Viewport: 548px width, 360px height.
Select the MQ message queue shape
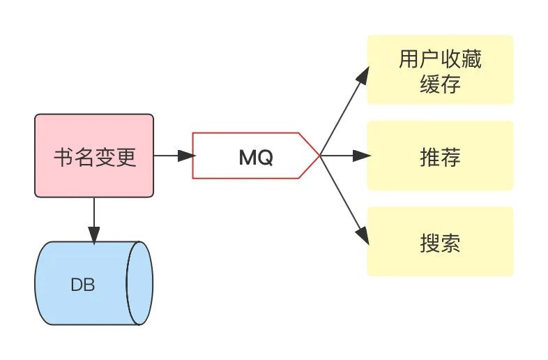pos(255,156)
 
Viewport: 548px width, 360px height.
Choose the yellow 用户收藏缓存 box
pos(440,70)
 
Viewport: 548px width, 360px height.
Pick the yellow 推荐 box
pos(440,156)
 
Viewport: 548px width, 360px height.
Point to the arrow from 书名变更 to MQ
pos(172,156)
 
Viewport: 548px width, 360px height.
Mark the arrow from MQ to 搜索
pos(343,199)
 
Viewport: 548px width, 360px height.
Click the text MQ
pos(256,158)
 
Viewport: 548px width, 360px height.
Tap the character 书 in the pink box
pos(63,158)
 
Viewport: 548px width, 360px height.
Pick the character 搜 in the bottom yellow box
pos(429,243)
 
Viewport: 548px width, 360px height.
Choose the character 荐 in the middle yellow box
pos(450,158)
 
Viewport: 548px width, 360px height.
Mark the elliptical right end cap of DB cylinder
pos(139,283)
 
